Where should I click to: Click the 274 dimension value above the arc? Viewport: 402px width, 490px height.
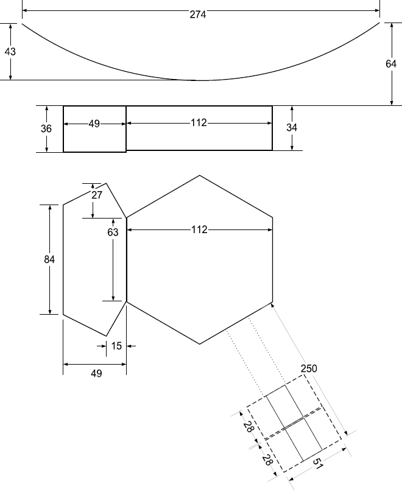(198, 15)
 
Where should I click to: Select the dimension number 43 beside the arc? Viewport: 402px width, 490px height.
(10, 52)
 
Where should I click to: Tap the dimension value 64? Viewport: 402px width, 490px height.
(391, 64)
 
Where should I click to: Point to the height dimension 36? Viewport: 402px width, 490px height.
(46, 128)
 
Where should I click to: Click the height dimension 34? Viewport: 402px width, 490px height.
(292, 127)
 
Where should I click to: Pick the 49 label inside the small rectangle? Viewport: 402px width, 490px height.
(94, 124)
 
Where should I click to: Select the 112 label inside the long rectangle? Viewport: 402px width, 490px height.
(199, 123)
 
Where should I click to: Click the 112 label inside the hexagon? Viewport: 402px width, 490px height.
(199, 230)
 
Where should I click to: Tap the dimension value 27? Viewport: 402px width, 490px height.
(97, 195)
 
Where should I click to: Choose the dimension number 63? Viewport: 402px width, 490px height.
(113, 232)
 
